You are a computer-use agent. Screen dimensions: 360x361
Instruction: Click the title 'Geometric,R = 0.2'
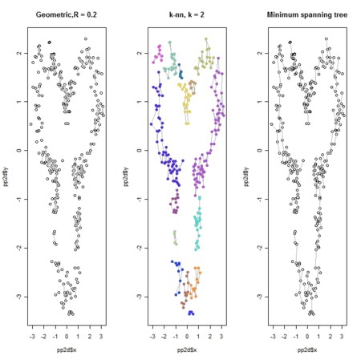66,15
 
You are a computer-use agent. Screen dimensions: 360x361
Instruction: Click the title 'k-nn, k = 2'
186,15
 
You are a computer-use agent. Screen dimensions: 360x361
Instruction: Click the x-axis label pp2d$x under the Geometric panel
66,350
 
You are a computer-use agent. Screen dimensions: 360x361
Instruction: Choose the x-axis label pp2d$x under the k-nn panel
186,350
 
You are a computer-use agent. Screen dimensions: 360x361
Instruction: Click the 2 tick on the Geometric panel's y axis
18,53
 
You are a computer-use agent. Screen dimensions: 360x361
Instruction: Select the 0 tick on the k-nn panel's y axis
138,150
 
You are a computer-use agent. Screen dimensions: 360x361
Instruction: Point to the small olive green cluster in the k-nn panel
175,237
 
